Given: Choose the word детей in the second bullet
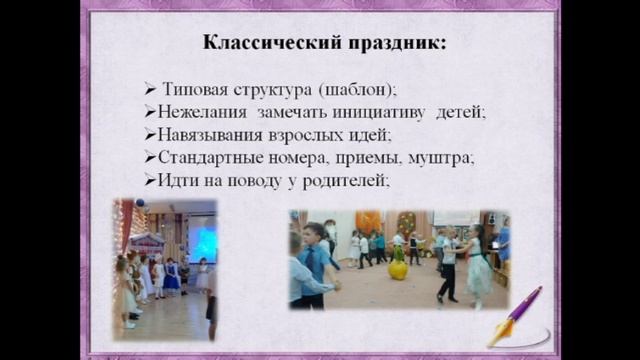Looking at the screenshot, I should (x=461, y=113).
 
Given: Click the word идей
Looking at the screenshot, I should (x=370, y=135).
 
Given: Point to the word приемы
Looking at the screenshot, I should (x=376, y=158).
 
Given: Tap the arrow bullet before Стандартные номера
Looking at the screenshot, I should (x=149, y=158).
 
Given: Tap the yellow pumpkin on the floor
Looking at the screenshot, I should (x=397, y=269).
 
